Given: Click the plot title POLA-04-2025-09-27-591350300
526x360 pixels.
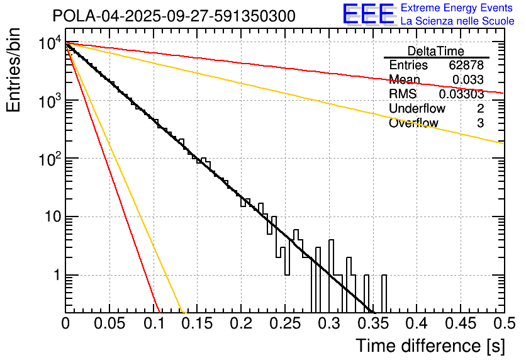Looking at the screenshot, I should point(174,16).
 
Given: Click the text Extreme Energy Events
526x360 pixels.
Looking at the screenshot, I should point(457,8).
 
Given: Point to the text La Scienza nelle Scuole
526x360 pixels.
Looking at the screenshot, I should point(457,21).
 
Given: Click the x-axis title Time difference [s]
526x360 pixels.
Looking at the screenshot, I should point(429,346).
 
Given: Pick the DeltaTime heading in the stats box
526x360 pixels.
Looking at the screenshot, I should point(435,51).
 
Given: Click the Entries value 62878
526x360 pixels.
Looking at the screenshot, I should point(466,65).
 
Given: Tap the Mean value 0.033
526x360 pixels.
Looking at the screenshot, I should point(468,80).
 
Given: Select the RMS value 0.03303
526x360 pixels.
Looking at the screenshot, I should point(461,94).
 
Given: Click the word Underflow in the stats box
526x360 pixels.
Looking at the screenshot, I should point(413,109).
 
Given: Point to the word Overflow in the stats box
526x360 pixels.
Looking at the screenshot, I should point(413,123).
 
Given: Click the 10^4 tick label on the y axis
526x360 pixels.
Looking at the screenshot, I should point(50,44).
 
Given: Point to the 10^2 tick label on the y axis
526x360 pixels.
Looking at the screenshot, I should point(50,160).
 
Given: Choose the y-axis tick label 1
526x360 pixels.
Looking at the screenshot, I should point(55,276).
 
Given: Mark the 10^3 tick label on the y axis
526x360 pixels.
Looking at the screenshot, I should point(50,102).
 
